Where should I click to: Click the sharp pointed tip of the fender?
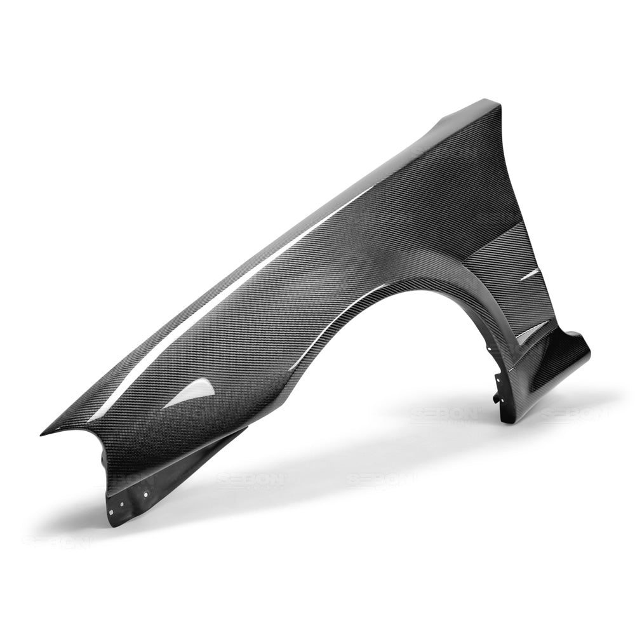pyautogui.click(x=42, y=434)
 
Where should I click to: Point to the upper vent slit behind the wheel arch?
pyautogui.click(x=529, y=274)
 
